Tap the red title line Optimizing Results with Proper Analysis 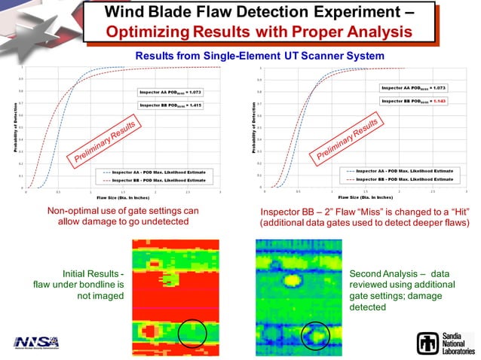pyautogui.click(x=259, y=32)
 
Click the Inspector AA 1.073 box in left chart pyautogui.click(x=170, y=92)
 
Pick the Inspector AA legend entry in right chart pyautogui.click(x=400, y=171)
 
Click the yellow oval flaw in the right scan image pyautogui.click(x=292, y=280)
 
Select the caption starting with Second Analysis pyautogui.click(x=402, y=287)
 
